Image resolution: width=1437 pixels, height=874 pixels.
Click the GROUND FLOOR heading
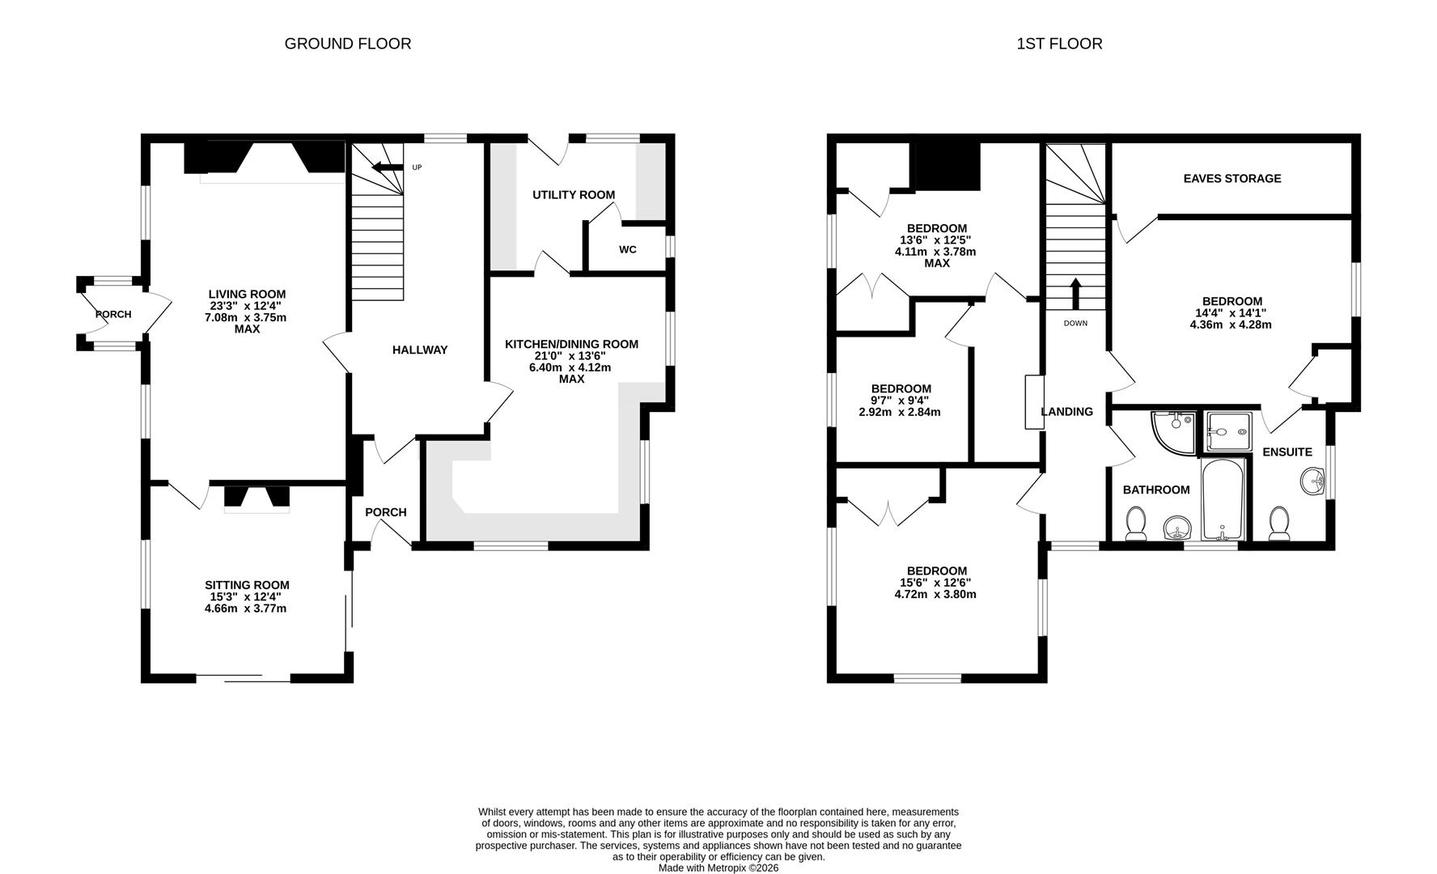click(x=347, y=44)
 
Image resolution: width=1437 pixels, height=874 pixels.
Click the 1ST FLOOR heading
click(x=1059, y=44)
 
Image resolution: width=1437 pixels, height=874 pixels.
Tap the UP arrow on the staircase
click(x=387, y=168)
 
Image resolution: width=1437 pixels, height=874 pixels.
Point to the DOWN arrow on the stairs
click(x=1075, y=294)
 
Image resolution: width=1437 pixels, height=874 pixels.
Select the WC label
click(x=627, y=249)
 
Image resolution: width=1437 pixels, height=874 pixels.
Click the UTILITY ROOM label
click(x=573, y=195)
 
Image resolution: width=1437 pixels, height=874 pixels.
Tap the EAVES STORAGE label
click(x=1231, y=179)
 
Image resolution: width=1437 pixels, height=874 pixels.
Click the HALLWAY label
click(x=419, y=350)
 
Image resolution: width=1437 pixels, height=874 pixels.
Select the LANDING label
click(x=1066, y=412)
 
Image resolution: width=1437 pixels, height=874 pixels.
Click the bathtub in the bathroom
click(x=1223, y=500)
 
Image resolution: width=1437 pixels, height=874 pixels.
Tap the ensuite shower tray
click(x=1227, y=432)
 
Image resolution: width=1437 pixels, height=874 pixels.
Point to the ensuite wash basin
click(x=1312, y=483)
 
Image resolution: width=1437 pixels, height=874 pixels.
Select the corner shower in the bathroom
click(x=1172, y=430)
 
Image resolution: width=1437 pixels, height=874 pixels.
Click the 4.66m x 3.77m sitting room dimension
click(x=246, y=609)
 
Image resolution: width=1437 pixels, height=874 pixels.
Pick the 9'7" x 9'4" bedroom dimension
click(x=900, y=401)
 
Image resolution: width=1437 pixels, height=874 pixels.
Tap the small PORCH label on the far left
click(x=112, y=314)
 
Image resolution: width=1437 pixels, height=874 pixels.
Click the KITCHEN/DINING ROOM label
click(x=571, y=345)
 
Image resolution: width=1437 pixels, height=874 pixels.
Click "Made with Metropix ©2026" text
click(x=718, y=868)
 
